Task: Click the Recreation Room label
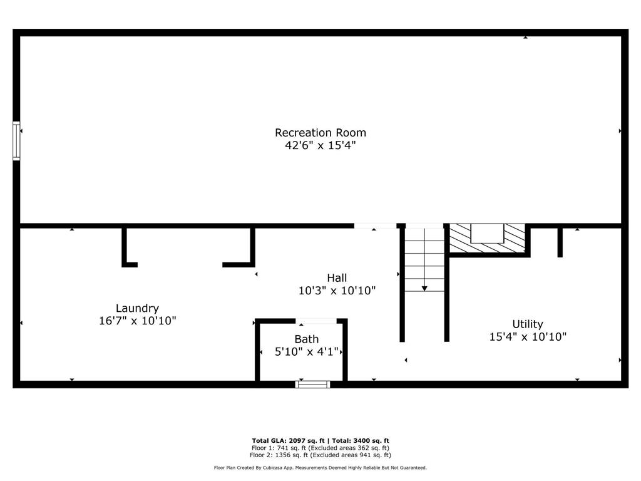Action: click(x=320, y=133)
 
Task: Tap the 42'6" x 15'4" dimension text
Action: click(x=320, y=145)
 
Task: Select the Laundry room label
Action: click(x=137, y=308)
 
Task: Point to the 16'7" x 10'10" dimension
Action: click(x=137, y=321)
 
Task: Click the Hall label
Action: click(x=337, y=278)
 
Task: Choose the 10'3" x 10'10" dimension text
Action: click(x=337, y=291)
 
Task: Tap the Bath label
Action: click(x=307, y=339)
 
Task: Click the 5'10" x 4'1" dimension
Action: click(x=307, y=352)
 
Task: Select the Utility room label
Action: click(x=528, y=324)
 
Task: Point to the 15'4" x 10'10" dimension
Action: click(x=528, y=336)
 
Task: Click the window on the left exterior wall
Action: click(x=16, y=141)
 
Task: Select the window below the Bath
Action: click(x=312, y=384)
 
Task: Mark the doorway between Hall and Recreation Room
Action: click(x=375, y=225)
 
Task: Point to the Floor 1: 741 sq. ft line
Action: click(x=320, y=448)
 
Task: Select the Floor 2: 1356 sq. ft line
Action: click(x=320, y=455)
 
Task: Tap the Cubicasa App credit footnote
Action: click(x=320, y=468)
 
